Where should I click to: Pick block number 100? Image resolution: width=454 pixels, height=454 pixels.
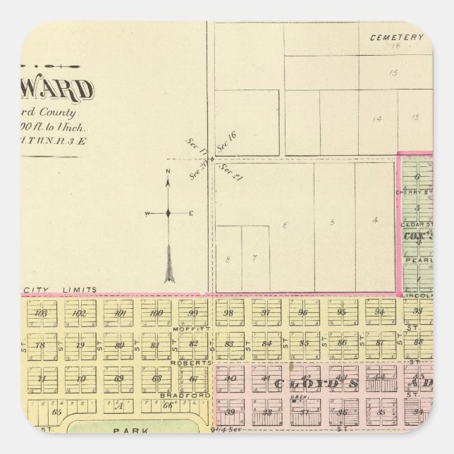pos(157,313)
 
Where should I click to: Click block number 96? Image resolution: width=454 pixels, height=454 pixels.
pos(303,313)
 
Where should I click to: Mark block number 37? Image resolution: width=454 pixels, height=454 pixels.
pos(303,412)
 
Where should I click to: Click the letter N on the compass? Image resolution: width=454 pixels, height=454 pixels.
pos(168,171)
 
